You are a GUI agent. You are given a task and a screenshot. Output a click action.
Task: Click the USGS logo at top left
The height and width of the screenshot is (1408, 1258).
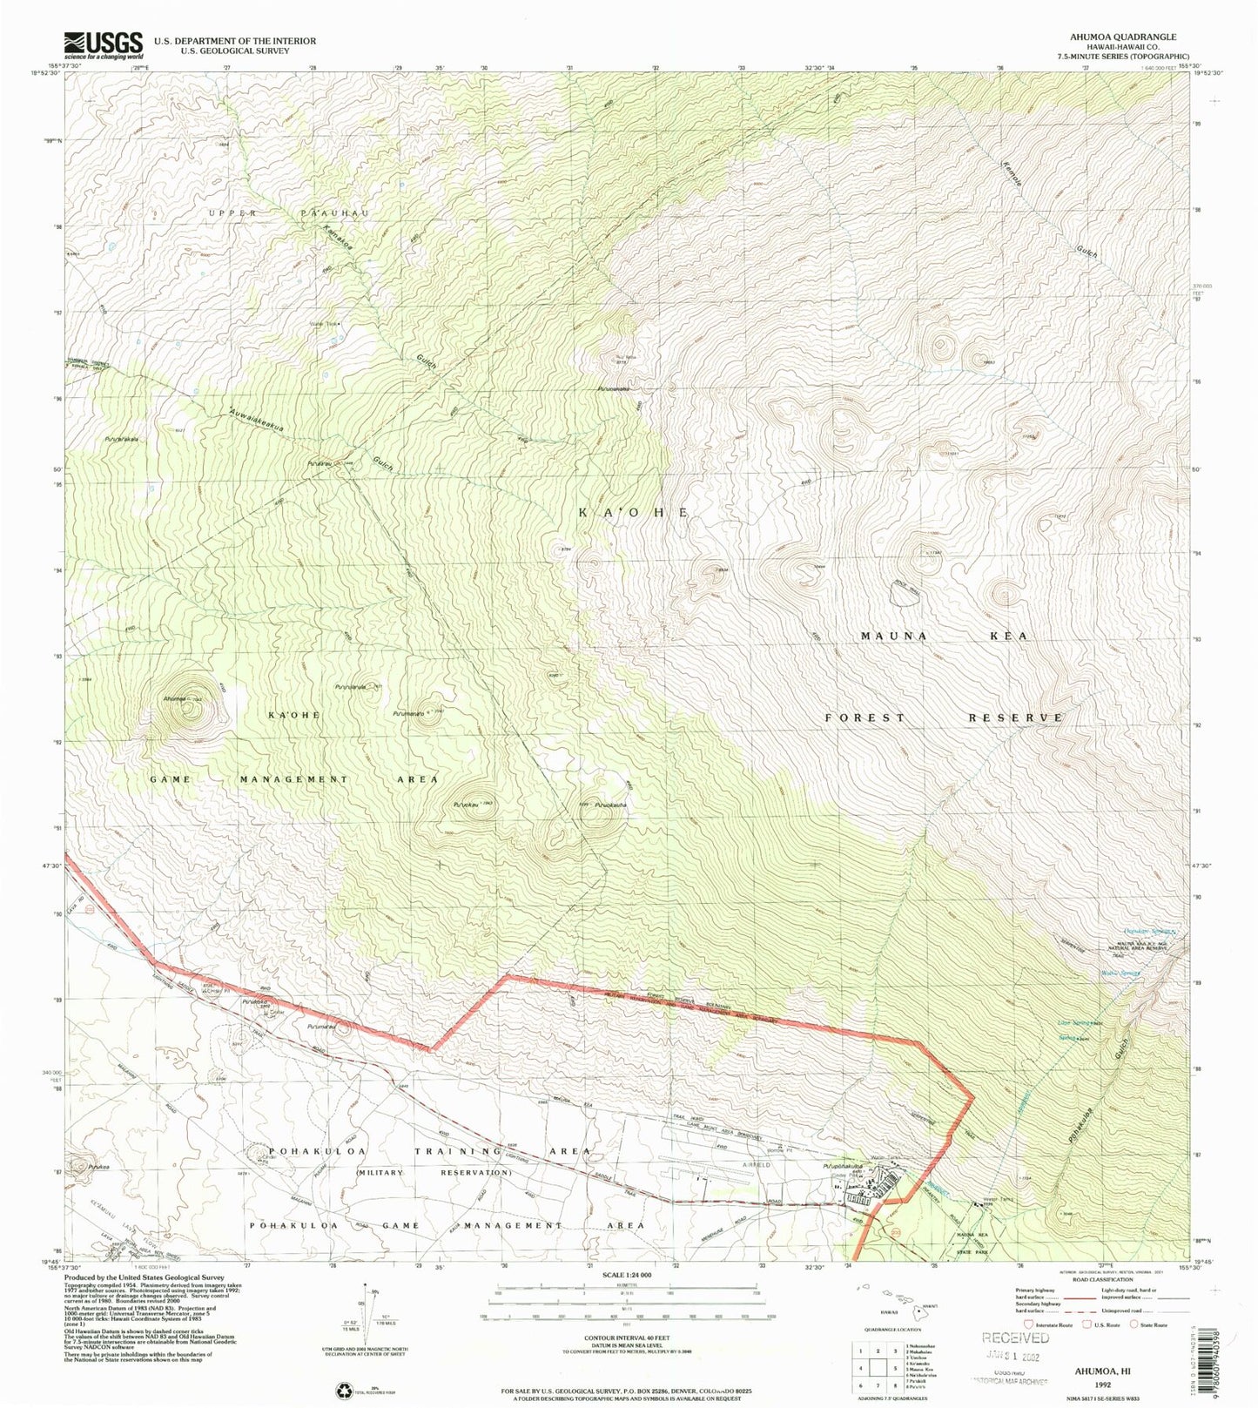coord(103,44)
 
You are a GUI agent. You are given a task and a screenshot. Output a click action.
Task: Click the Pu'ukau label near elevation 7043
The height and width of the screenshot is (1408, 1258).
coord(464,804)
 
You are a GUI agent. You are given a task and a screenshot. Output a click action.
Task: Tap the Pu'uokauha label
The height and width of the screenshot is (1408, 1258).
coord(611,805)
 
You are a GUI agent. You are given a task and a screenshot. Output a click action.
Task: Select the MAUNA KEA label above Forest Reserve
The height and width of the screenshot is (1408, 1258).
coord(944,636)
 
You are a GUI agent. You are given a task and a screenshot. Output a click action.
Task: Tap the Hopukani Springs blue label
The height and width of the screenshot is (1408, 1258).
coord(1146,931)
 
